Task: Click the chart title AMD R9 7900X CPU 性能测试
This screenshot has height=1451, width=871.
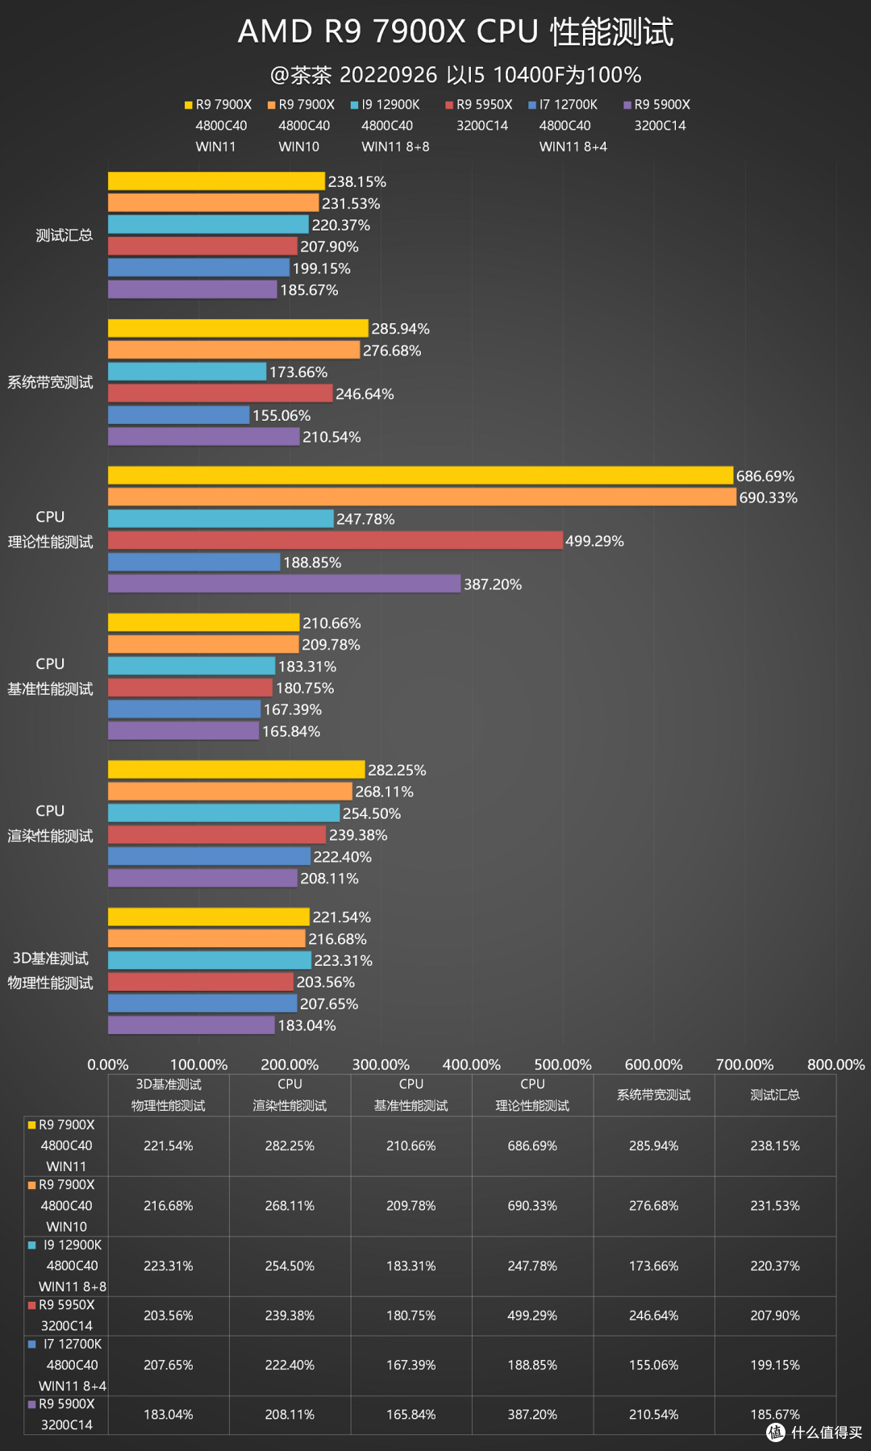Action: pos(456,32)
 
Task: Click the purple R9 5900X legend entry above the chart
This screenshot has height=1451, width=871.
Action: pos(656,105)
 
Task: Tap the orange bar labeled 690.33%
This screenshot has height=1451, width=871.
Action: pos(422,497)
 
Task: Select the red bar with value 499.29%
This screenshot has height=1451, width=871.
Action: pos(335,540)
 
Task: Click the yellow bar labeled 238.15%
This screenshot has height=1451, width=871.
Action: pos(216,181)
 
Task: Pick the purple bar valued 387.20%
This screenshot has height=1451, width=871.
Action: pos(284,584)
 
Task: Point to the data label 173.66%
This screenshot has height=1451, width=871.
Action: pos(298,372)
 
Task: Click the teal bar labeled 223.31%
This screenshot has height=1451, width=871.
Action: pos(210,960)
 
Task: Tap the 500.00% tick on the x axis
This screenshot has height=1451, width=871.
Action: pos(563,1064)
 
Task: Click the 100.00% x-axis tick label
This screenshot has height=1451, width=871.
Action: pos(198,1064)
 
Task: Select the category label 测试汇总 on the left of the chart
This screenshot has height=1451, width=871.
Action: pos(64,235)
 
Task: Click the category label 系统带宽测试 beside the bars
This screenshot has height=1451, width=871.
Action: pos(50,382)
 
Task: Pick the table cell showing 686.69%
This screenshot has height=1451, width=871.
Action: pos(532,1145)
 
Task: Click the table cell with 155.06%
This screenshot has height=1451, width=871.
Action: pos(653,1365)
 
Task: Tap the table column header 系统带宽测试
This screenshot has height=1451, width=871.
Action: pos(653,1095)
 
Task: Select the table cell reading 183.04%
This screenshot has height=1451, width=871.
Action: pos(168,1415)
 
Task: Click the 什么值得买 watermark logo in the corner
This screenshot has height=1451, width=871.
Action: pos(815,1432)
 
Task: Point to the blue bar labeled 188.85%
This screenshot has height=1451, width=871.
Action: pos(194,562)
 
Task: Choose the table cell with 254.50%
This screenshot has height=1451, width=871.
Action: pos(290,1266)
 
